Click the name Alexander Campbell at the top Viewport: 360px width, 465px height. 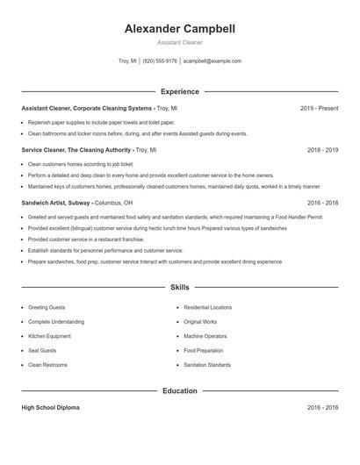click(179, 28)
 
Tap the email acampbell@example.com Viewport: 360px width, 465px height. click(212, 61)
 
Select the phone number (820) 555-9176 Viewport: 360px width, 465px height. click(160, 61)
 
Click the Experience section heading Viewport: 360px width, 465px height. click(179, 91)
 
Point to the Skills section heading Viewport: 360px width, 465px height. click(179, 287)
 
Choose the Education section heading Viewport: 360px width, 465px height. click(179, 390)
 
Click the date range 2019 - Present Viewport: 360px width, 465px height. click(319, 108)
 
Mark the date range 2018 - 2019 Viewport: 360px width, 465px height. click(322, 150)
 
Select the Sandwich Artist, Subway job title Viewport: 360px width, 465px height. click(56, 203)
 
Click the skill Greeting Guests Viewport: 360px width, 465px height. click(47, 308)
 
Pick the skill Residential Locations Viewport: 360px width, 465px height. click(207, 308)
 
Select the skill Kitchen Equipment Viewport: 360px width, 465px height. click(49, 336)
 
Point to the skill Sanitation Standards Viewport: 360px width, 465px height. click(207, 364)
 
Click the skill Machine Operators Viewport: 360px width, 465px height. click(205, 336)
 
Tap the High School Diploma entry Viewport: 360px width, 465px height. click(51, 408)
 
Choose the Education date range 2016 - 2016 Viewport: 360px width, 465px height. click(322, 408)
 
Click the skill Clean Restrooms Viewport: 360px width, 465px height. click(47, 364)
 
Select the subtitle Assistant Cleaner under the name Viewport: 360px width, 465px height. click(179, 42)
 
